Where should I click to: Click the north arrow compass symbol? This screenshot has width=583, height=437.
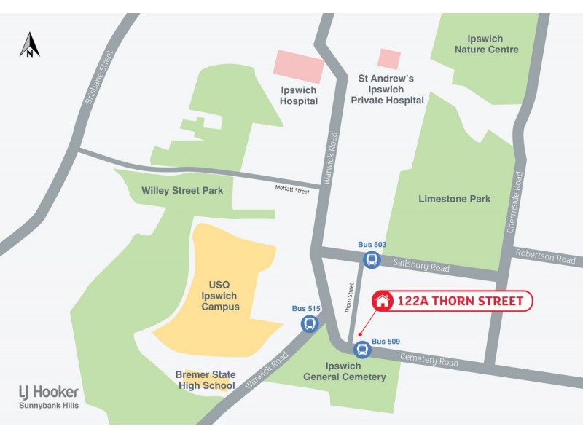pos(30,44)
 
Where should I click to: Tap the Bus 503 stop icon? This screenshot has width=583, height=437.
pos(372,259)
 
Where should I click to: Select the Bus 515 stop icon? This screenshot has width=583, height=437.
pos(310,323)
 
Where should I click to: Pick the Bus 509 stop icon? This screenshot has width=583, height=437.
pos(362,350)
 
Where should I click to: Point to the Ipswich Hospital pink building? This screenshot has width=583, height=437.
pos(298,68)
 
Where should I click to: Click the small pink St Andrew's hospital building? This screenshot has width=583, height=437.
pos(389,59)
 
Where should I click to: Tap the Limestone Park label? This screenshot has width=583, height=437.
pos(455,199)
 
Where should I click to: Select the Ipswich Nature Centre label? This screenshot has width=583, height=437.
pos(487,44)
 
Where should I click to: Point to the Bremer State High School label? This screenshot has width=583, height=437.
pos(206,380)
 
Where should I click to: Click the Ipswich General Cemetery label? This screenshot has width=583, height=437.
pos(355,371)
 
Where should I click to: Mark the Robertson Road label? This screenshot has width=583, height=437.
pos(545,257)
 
